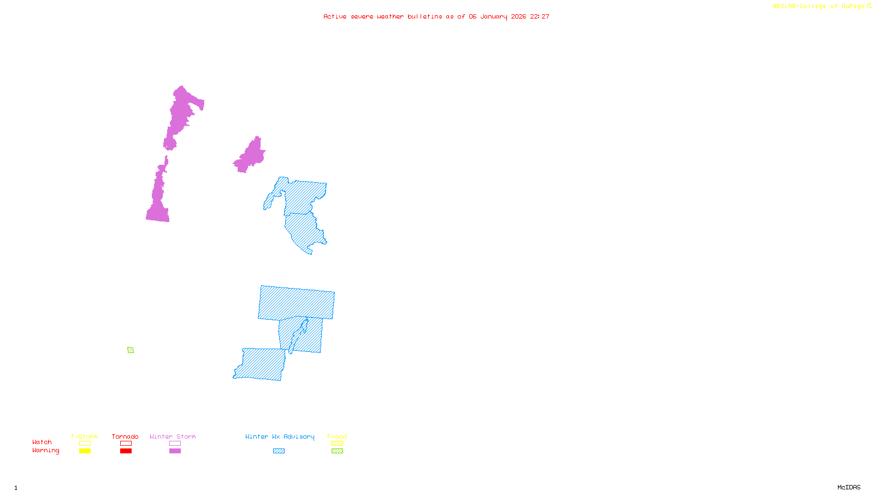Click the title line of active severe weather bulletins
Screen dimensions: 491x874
pos(436,16)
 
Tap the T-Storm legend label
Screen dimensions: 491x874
pos(84,436)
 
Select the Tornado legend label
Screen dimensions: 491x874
pos(125,436)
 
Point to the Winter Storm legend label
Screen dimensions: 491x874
pos(173,436)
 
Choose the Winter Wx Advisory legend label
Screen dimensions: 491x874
pos(280,436)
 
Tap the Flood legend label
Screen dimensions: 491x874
pos(337,436)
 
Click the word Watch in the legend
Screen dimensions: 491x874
pos(42,442)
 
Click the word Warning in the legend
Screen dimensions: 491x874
pos(46,451)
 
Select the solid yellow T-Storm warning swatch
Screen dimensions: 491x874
pos(85,451)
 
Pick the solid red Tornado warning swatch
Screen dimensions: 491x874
pos(126,451)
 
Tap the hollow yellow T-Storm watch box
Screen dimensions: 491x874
pos(85,444)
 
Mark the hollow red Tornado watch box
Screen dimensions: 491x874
pos(126,444)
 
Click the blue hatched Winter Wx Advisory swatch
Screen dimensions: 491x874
pos(279,451)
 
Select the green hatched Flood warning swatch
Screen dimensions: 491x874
pos(337,451)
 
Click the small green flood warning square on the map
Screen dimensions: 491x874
pos(131,350)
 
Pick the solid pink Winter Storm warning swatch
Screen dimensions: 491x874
pos(175,451)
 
